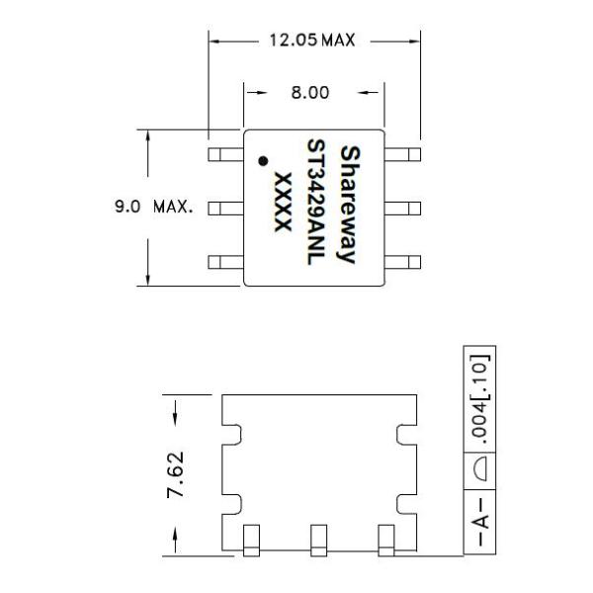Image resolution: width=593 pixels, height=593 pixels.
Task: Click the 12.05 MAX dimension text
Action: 311,41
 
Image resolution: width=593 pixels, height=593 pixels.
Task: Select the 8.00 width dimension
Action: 312,94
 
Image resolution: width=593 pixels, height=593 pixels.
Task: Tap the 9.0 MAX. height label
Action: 149,209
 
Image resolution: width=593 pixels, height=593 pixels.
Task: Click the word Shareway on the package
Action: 348,205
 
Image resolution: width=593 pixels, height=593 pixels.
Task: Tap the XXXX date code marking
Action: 284,204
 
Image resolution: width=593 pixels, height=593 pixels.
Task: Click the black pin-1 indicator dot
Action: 263,160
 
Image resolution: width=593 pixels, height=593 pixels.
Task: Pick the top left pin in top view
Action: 225,154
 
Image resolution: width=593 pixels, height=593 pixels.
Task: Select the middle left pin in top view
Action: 225,209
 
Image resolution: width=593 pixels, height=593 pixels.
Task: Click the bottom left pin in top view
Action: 225,262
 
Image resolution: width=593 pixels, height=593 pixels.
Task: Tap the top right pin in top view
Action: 401,154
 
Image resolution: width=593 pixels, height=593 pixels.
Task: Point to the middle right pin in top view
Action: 401,209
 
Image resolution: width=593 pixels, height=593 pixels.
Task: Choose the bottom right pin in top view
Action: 401,262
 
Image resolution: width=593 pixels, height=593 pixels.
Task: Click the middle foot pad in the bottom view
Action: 318,539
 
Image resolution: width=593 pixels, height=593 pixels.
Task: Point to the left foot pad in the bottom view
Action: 251,539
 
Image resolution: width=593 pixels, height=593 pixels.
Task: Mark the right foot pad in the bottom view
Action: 386,539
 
